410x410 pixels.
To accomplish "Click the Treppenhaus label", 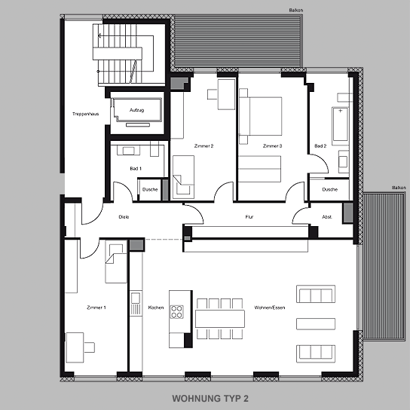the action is [x=85, y=114].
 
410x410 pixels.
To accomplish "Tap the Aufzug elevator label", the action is [x=136, y=110].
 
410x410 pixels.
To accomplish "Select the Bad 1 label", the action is [x=136, y=169].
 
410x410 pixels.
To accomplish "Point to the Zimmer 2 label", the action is [x=203, y=146].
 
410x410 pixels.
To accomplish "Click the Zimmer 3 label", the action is [x=273, y=146].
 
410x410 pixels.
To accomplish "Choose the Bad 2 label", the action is [x=320, y=146].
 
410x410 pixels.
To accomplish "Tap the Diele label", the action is [x=124, y=217].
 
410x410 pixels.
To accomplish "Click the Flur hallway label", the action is [x=249, y=217].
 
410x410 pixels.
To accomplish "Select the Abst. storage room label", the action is [x=327, y=217].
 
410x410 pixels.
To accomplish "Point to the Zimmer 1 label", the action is [x=96, y=307].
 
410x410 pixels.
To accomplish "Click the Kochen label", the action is [x=156, y=307].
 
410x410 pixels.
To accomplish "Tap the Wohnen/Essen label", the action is [x=270, y=307].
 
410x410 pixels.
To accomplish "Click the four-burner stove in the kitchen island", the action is [x=177, y=312].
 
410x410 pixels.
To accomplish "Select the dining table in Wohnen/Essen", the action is [x=220, y=319].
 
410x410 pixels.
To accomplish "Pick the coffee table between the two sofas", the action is [x=316, y=324].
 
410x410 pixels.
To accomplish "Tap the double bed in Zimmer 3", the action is [x=261, y=116].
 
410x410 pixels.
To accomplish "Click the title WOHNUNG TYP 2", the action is [x=210, y=399].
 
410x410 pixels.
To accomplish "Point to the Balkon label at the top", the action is [x=296, y=11].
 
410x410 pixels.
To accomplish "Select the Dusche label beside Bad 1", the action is [x=150, y=189].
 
